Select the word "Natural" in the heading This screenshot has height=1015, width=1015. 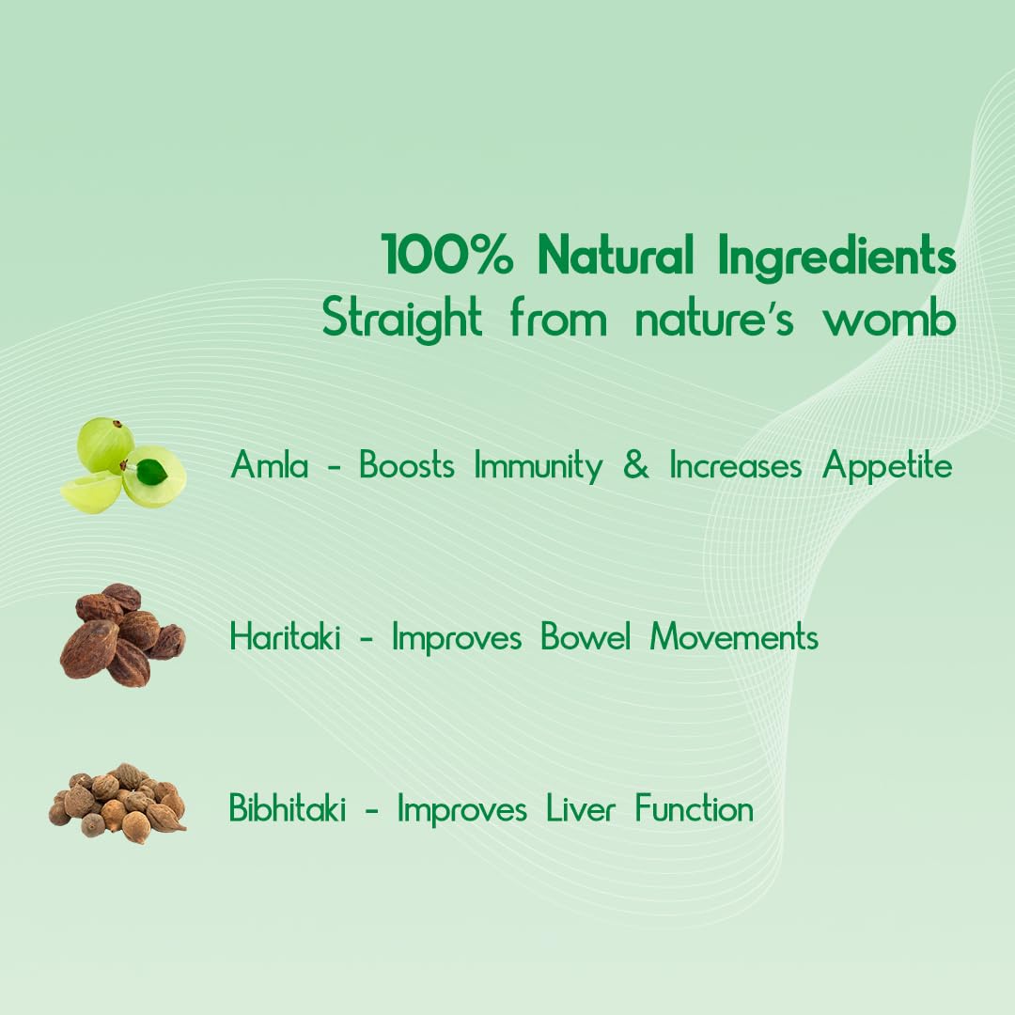[x=616, y=257]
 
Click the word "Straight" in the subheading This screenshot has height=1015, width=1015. [x=402, y=319]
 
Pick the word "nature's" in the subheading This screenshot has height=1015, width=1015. [x=713, y=319]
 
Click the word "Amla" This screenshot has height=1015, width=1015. [x=270, y=466]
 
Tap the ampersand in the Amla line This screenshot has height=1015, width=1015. [x=636, y=466]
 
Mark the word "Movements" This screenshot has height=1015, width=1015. [x=735, y=638]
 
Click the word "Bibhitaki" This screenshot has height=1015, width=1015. [x=287, y=809]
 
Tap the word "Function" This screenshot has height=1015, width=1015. [x=695, y=809]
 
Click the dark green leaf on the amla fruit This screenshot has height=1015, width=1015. [x=151, y=471]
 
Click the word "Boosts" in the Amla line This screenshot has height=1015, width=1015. [x=407, y=466]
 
